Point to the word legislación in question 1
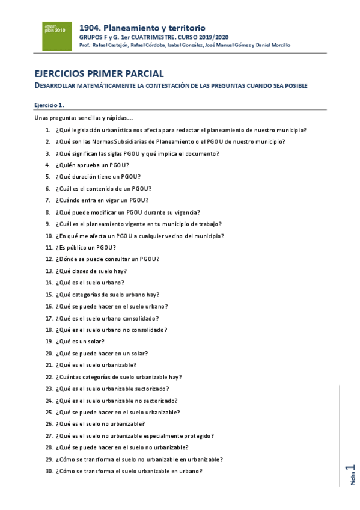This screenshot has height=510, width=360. click(x=88, y=130)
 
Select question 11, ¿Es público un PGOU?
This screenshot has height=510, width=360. click(x=85, y=247)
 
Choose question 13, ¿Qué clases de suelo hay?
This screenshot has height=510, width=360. click(x=91, y=271)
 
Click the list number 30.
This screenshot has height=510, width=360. click(x=49, y=471)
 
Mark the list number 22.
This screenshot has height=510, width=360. click(x=49, y=377)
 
